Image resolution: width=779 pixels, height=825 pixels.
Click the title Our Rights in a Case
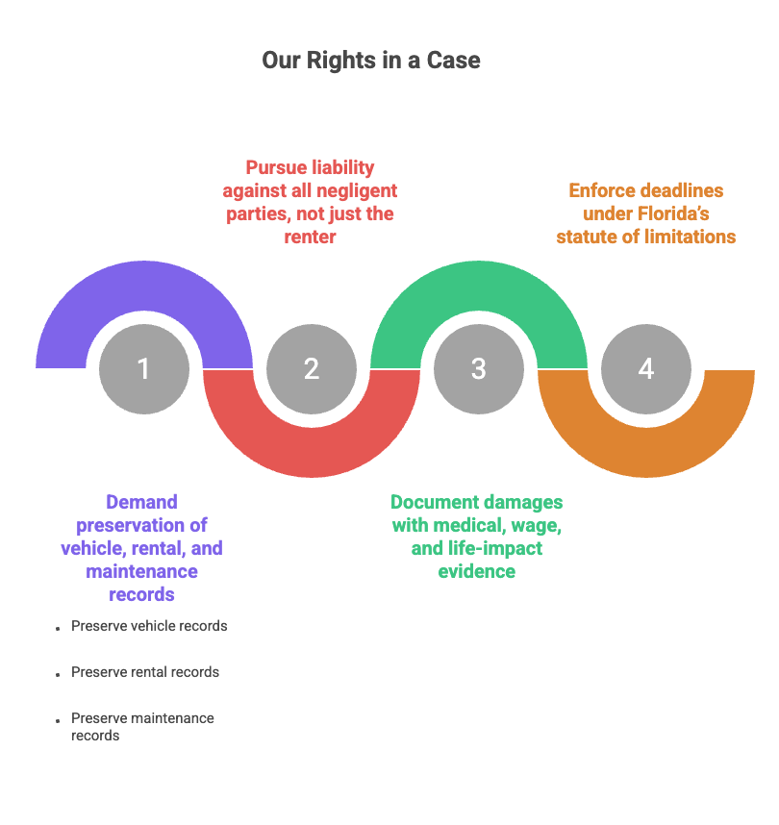(370, 61)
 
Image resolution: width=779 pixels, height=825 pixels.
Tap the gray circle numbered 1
(144, 369)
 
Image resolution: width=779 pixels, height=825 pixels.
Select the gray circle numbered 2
(311, 369)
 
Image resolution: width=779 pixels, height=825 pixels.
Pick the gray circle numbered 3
(479, 369)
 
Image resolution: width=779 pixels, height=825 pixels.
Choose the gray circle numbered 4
(646, 369)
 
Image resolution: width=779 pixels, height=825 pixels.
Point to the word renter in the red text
(311, 237)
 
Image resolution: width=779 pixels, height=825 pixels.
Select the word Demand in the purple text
(142, 502)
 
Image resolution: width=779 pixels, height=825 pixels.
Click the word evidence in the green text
(477, 571)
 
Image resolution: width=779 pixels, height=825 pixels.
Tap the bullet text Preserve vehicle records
(149, 626)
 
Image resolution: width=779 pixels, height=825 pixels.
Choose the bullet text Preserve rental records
(145, 672)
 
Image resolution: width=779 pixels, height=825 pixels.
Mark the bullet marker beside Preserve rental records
(58, 674)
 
